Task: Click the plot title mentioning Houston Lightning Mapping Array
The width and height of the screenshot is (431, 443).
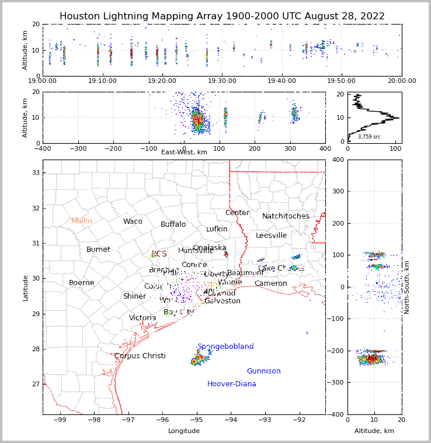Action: (x=222, y=16)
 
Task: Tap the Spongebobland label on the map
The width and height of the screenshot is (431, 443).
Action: (x=225, y=347)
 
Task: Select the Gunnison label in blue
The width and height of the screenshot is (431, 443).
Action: (x=263, y=371)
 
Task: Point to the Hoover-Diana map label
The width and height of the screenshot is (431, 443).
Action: (x=232, y=384)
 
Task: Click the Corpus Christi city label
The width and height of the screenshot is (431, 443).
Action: (x=140, y=356)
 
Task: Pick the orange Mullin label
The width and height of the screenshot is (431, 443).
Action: (x=82, y=221)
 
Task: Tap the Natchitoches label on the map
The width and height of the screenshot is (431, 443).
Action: (x=286, y=216)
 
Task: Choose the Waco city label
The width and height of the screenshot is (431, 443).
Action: (x=133, y=221)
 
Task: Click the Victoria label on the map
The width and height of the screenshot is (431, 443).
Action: (x=142, y=318)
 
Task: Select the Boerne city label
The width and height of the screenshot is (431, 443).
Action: (x=81, y=283)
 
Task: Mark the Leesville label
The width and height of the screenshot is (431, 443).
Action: (x=271, y=236)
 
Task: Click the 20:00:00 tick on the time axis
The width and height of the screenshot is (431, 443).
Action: (x=401, y=81)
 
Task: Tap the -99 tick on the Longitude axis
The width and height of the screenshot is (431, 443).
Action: (x=60, y=420)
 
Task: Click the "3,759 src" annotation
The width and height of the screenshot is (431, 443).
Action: (x=369, y=137)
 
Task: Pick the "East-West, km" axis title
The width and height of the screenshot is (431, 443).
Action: (x=184, y=152)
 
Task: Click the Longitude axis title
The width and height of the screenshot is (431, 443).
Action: (x=184, y=431)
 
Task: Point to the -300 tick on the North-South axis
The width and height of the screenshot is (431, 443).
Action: (x=336, y=382)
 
